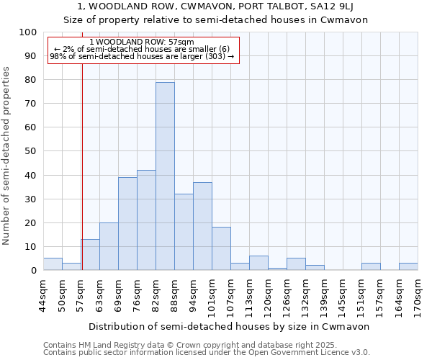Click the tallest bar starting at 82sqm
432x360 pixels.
[x=165, y=176]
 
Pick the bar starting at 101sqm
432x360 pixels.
[x=221, y=248]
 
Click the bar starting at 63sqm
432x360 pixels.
[x=109, y=246]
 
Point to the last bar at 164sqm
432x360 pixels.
[x=408, y=266]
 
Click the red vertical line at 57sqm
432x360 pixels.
[x=82, y=166]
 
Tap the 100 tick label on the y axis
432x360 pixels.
[x=28, y=32]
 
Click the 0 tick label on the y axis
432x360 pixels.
[x=34, y=270]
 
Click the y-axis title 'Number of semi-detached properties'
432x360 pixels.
[x=6, y=156]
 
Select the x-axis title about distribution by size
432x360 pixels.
[x=230, y=326]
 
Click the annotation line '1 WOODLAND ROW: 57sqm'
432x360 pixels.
[x=142, y=42]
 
